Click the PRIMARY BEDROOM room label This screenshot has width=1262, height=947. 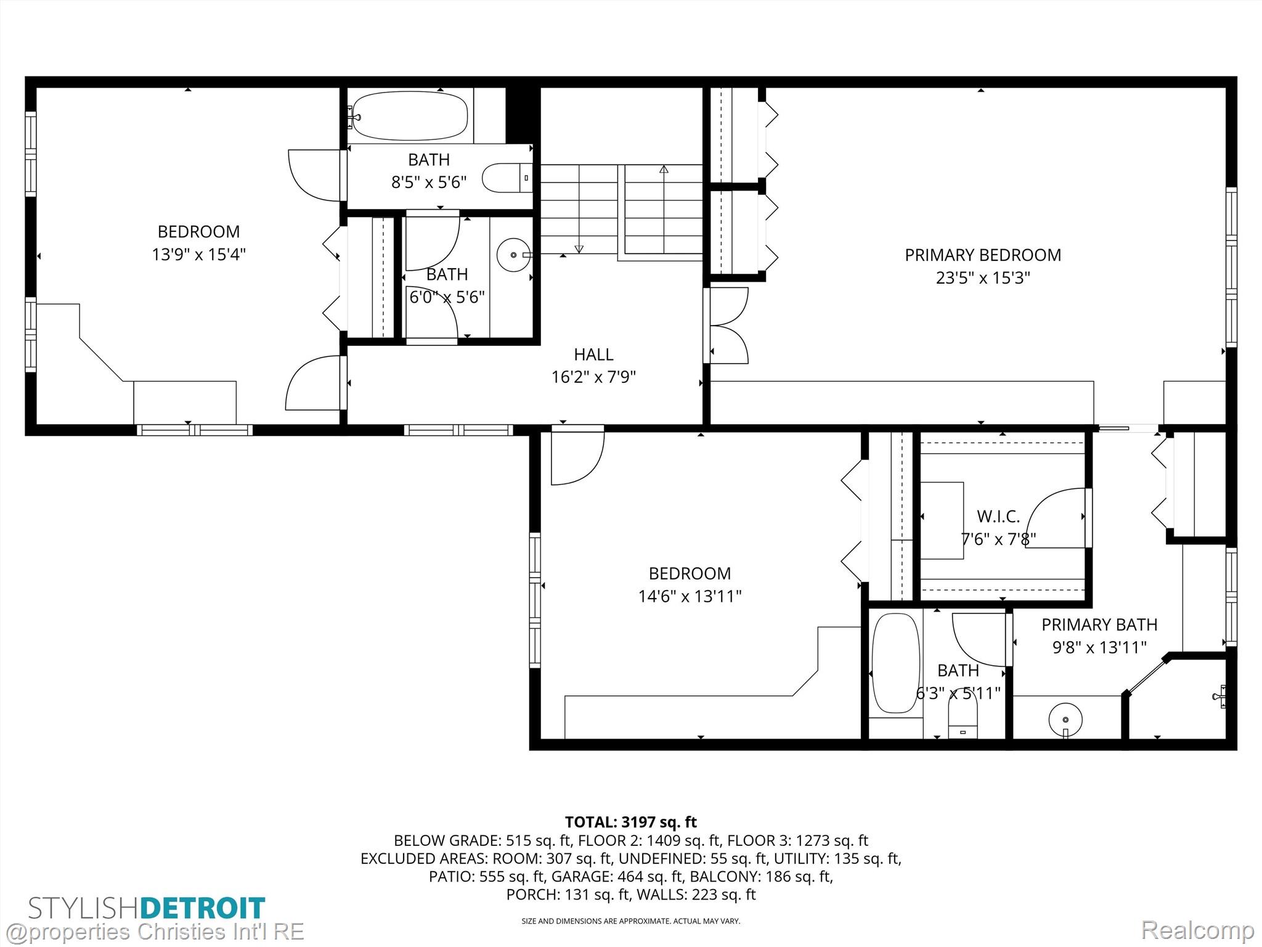click(x=983, y=255)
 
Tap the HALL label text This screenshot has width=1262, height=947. click(x=593, y=355)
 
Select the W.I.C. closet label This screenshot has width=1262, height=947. click(x=998, y=516)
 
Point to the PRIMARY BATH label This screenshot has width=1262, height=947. click(x=1099, y=625)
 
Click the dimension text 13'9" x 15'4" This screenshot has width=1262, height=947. click(x=198, y=254)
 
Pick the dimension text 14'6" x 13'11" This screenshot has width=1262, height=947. click(x=690, y=596)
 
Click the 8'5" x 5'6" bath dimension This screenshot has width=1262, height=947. click(x=429, y=182)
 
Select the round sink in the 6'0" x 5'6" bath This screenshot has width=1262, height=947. click(x=513, y=255)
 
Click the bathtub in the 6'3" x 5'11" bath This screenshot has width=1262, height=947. click(x=895, y=663)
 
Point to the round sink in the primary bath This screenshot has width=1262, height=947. click(x=1065, y=719)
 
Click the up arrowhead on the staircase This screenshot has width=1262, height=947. click(x=664, y=168)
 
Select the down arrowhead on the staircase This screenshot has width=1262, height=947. click(x=579, y=249)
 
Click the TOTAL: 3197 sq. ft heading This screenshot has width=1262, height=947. click(x=631, y=822)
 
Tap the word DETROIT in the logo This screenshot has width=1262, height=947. click(x=203, y=908)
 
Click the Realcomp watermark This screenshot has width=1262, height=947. click(x=1197, y=930)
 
